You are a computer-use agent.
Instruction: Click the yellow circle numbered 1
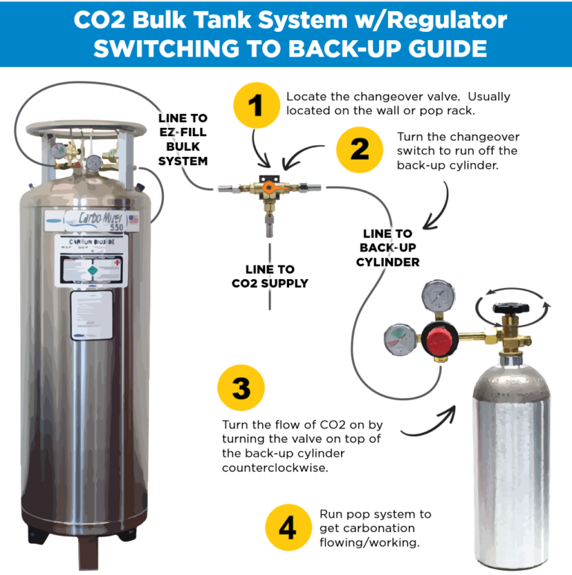[x=255, y=105]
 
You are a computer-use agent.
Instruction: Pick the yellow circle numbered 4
[x=288, y=528]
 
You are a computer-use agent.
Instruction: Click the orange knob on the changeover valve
[x=265, y=189]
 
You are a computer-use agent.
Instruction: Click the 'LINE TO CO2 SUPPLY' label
[x=270, y=276]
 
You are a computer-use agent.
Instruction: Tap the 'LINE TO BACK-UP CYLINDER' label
[x=387, y=248]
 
